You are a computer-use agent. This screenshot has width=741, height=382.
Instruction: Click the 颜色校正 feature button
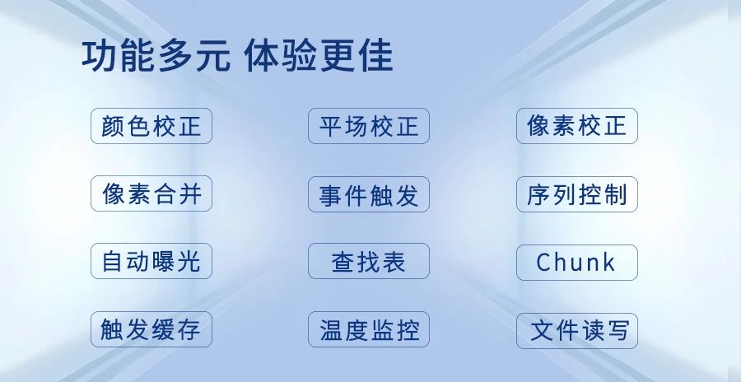tap(151, 126)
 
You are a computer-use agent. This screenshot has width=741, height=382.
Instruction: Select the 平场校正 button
tap(369, 126)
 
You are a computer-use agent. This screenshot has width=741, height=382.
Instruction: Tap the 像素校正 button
tap(577, 126)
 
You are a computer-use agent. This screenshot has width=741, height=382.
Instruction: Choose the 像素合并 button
tap(151, 193)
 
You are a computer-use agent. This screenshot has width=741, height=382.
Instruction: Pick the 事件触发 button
tap(369, 194)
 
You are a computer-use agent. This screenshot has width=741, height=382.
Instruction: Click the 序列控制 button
tap(577, 194)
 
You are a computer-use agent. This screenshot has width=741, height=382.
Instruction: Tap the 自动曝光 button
tap(151, 261)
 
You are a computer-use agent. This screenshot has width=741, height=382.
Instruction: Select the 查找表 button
tap(369, 261)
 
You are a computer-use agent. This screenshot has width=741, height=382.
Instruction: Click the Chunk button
tap(577, 263)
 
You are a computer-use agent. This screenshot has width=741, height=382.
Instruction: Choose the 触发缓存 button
tap(151, 329)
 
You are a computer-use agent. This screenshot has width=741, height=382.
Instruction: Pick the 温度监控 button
tap(369, 329)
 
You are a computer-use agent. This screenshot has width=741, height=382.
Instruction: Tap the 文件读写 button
tap(577, 330)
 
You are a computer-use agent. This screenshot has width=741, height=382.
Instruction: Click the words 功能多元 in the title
tap(156, 56)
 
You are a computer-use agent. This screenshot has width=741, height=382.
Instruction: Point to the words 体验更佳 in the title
tap(319, 56)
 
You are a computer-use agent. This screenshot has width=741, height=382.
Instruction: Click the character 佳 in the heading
tap(375, 56)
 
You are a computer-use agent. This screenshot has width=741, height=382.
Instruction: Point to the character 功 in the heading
tap(100, 56)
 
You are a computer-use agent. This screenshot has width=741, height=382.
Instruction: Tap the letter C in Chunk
tap(543, 263)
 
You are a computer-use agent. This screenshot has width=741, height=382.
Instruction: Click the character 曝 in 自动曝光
tap(164, 262)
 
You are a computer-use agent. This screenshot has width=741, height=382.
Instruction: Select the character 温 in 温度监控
tap(331, 329)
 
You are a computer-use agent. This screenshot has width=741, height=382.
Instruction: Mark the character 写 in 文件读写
tap(616, 330)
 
